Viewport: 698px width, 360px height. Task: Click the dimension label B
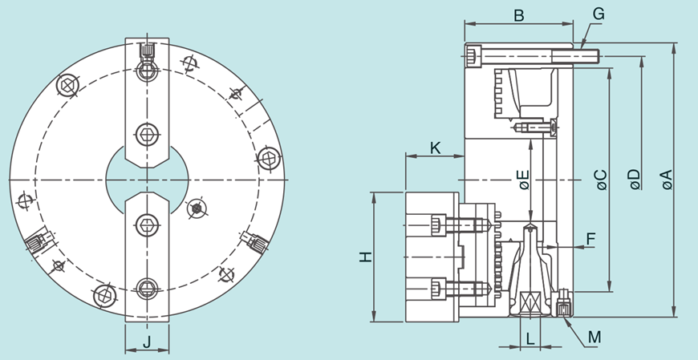tap(518, 14)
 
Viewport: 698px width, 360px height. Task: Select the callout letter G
tap(599, 14)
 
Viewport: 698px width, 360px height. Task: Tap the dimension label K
tap(435, 148)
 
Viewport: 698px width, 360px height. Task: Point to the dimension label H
tap(366, 257)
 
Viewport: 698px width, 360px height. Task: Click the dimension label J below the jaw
tap(147, 342)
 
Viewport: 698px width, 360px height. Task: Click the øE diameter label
tap(523, 180)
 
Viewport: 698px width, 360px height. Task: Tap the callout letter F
tap(590, 238)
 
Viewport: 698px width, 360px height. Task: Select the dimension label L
tap(530, 338)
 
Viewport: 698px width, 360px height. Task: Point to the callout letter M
tap(594, 338)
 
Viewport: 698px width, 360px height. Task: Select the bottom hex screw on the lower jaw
tap(147, 289)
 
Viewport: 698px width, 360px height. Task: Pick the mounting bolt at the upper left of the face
tap(68, 84)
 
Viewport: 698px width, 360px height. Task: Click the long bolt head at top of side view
tap(473, 56)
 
